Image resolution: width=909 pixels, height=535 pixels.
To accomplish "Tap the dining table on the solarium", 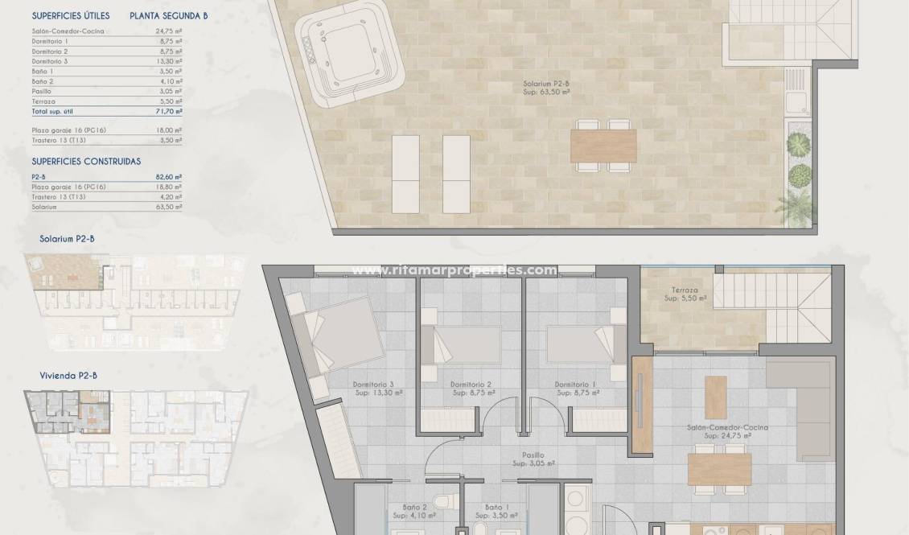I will coord(603,146).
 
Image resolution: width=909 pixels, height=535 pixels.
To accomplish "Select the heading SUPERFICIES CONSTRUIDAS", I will coord(86,161).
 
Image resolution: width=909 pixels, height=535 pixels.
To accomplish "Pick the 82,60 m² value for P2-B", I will coord(168,177).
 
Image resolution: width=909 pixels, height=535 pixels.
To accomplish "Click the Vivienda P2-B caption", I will coord(68,375).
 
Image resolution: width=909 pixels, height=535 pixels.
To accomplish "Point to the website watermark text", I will coord(455,270).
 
